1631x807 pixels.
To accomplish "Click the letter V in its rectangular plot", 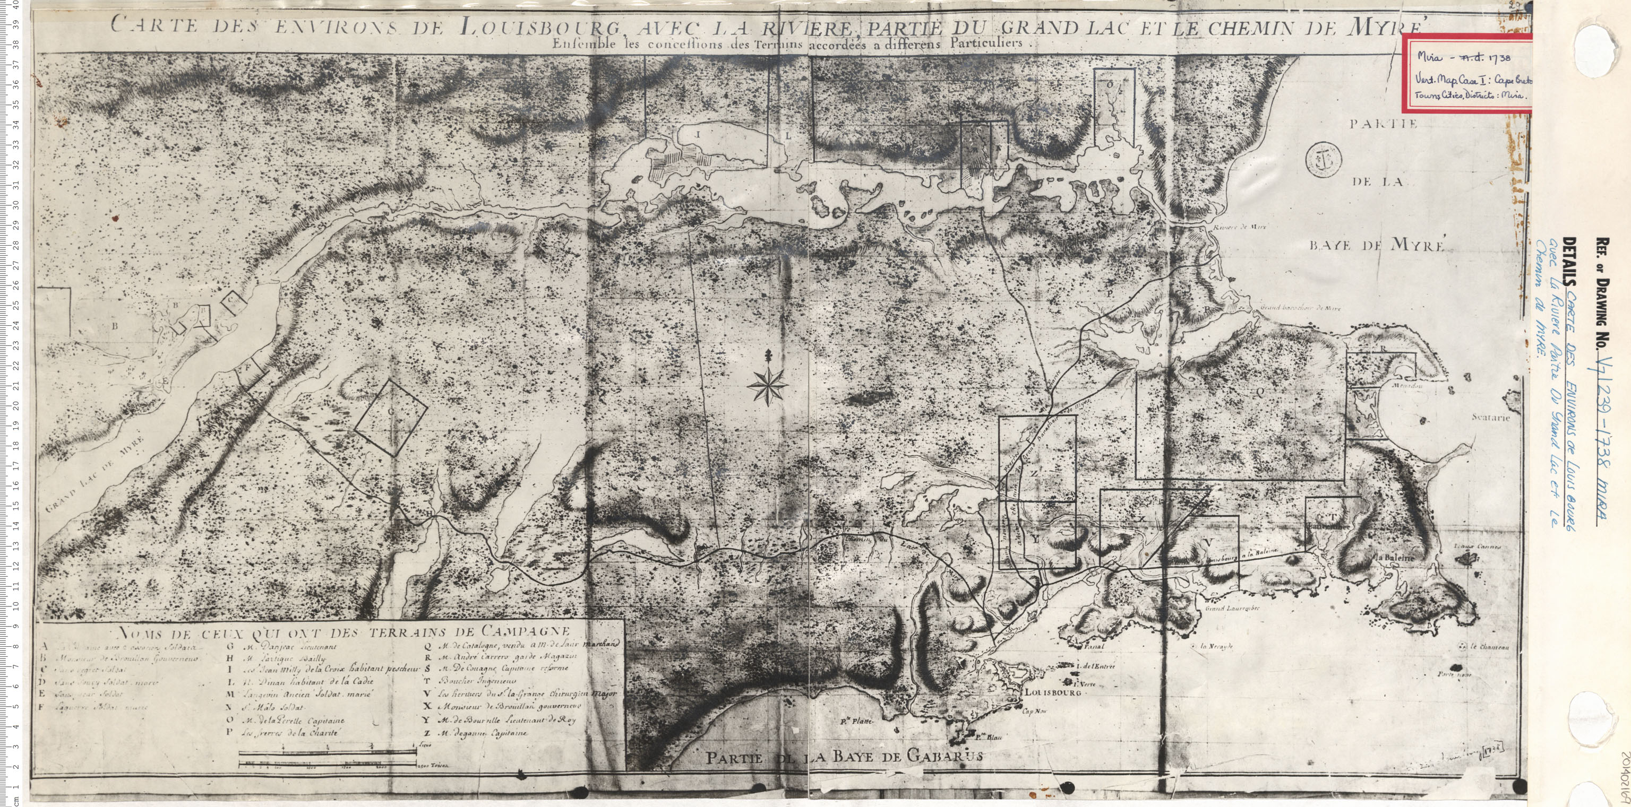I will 1209,542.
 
